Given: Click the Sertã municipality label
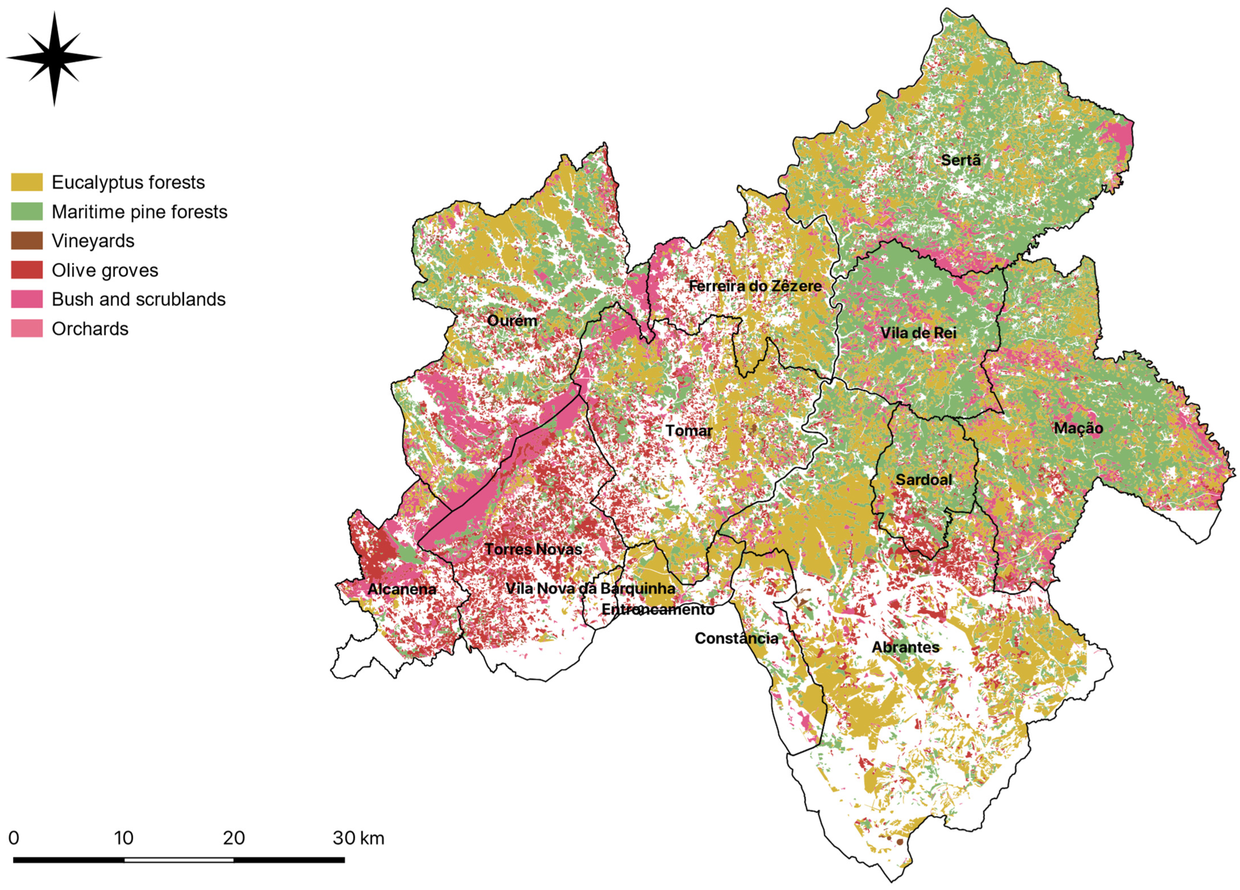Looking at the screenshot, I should (961, 160).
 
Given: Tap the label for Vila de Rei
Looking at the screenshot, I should (918, 333).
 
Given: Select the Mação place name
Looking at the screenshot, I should (1078, 428).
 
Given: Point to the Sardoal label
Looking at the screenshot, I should (923, 480).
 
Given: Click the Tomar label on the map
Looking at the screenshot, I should (689, 431).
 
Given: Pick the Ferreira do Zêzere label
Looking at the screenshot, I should (755, 286).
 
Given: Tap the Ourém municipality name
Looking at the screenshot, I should (512, 321).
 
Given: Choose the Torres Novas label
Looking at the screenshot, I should (533, 549).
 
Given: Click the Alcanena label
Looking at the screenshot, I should (402, 589).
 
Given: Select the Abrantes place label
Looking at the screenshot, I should (905, 647).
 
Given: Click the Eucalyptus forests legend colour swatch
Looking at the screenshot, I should (27, 182).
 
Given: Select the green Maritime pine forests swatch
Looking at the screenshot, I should (27, 211).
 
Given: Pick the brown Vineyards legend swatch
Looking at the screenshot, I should (27, 241).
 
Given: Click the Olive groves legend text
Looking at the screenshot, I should (105, 270).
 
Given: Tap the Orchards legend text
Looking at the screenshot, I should (90, 329).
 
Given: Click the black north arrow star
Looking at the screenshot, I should (54, 57).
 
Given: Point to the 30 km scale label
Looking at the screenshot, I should (358, 839).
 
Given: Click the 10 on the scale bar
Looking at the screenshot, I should (124, 839).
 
